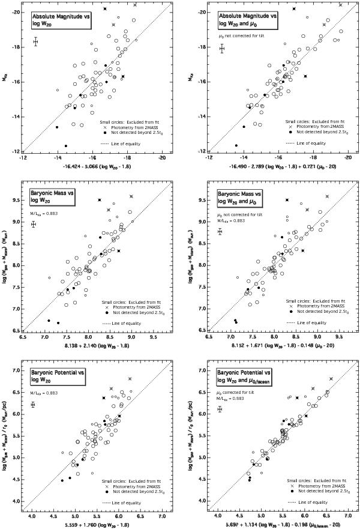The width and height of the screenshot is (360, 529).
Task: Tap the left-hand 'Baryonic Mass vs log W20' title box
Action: (x=53, y=195)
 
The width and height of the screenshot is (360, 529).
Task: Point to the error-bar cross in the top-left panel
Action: (x=36, y=41)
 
